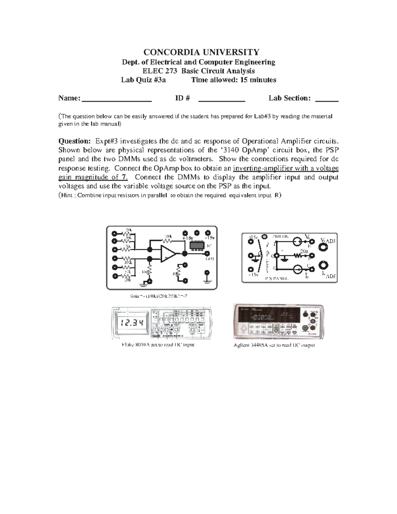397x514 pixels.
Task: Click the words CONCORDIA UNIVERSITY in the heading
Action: pos(201,52)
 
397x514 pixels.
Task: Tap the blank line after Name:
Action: pos(116,98)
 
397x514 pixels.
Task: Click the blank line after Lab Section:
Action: pos(327,98)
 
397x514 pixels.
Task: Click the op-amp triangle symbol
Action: pos(168,254)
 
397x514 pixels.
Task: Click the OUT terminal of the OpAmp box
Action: pos(207,254)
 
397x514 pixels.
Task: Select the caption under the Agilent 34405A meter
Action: pos(274,345)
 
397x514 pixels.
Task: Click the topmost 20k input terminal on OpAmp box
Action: pos(115,233)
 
